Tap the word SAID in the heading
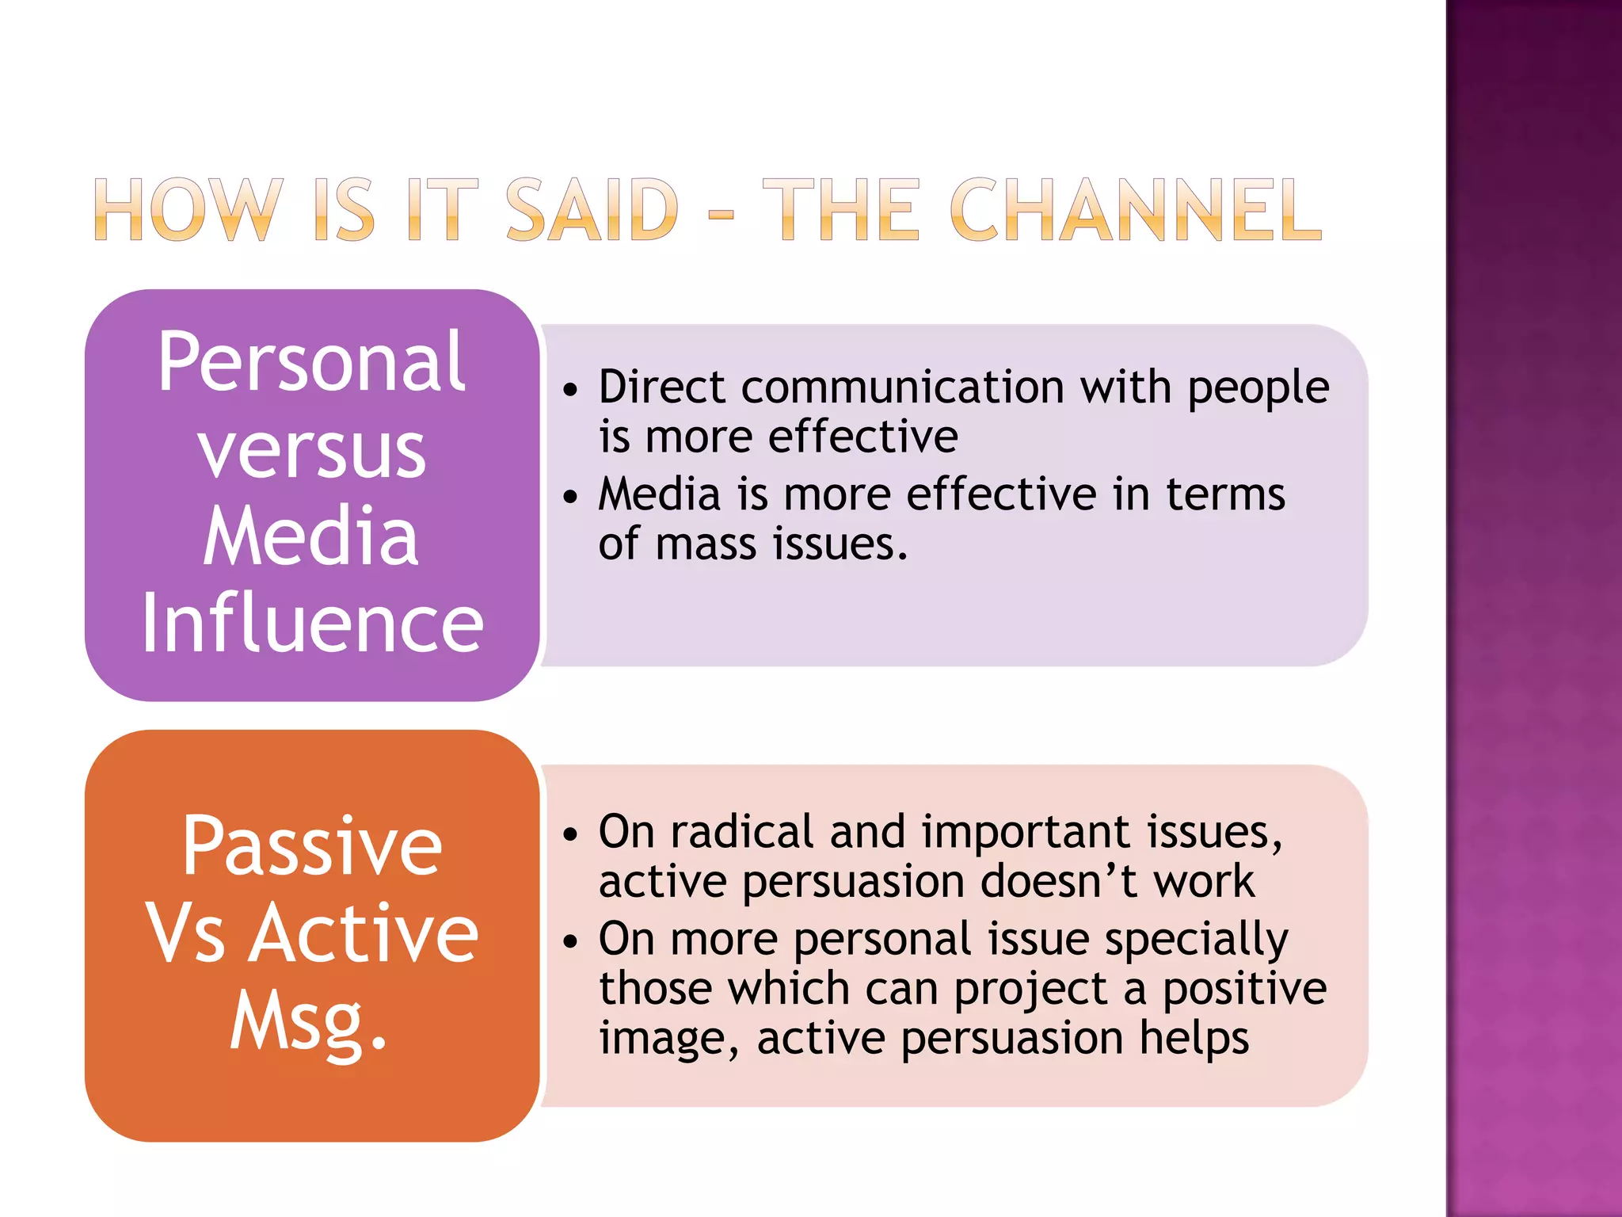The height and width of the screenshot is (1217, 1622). click(592, 210)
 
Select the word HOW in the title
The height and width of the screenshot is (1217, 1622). click(188, 210)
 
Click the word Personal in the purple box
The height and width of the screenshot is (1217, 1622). click(311, 362)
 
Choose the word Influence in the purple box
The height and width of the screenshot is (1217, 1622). click(311, 624)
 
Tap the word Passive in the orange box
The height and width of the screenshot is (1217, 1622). click(311, 847)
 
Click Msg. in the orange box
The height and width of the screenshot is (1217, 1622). click(309, 1022)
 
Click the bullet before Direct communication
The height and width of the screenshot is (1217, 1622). click(571, 390)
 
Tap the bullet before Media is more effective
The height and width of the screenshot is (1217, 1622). click(571, 497)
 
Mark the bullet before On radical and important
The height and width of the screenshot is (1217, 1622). click(571, 834)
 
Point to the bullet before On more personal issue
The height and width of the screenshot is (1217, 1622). click(571, 941)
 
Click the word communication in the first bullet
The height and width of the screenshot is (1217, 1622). click(902, 387)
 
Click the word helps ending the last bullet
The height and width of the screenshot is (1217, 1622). click(1194, 1038)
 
